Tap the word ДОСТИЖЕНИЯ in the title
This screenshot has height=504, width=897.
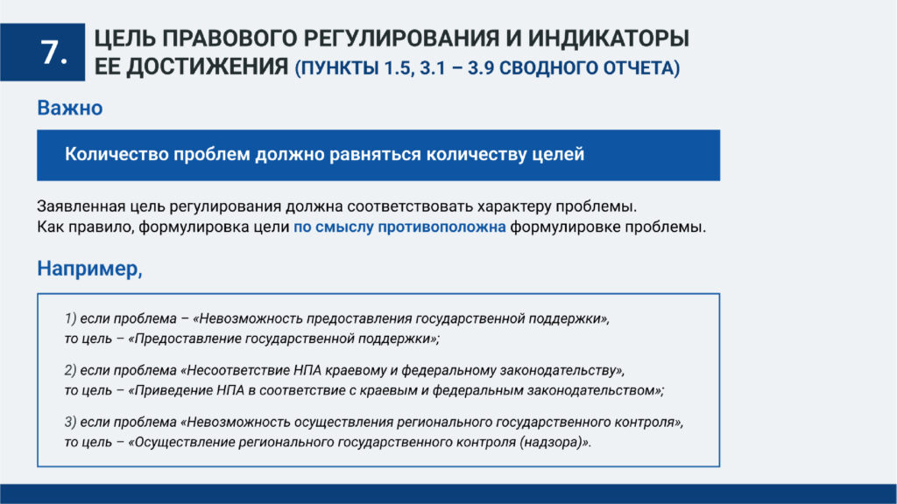(207, 66)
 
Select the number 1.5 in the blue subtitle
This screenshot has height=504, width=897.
(397, 68)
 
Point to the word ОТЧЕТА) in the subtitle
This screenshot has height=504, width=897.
(642, 68)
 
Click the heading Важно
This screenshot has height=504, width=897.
(70, 108)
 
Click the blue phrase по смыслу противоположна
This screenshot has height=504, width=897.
(399, 227)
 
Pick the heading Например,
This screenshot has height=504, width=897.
(90, 269)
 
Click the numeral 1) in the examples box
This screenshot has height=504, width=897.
(70, 318)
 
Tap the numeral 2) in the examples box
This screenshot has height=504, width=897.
(70, 370)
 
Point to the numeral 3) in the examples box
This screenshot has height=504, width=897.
(70, 423)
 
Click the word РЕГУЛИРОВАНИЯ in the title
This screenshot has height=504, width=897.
(401, 38)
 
